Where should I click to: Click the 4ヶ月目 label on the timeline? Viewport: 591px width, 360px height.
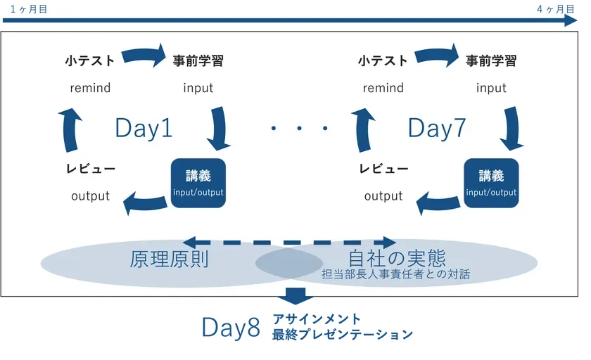tap(556, 8)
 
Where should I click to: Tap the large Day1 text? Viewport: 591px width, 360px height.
tap(144, 129)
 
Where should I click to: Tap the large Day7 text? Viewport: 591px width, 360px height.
tap(436, 129)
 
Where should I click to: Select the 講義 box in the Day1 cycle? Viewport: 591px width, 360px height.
tap(198, 183)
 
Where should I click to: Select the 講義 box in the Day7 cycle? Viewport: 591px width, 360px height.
tap(491, 183)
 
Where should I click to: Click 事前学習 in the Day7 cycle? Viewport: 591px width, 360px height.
tap(491, 61)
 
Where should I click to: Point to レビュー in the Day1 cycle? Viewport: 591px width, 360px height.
tap(90, 169)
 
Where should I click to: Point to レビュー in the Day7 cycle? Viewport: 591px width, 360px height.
tap(383, 169)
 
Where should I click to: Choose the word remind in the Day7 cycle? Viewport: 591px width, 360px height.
tap(383, 89)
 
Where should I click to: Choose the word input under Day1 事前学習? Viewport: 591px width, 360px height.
tap(198, 89)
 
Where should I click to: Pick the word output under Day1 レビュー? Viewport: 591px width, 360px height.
tap(90, 196)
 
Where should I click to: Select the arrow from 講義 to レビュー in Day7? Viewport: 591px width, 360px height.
tap(438, 202)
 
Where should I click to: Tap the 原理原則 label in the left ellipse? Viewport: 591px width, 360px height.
tap(169, 259)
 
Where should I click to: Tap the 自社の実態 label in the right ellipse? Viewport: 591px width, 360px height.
tap(398, 257)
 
